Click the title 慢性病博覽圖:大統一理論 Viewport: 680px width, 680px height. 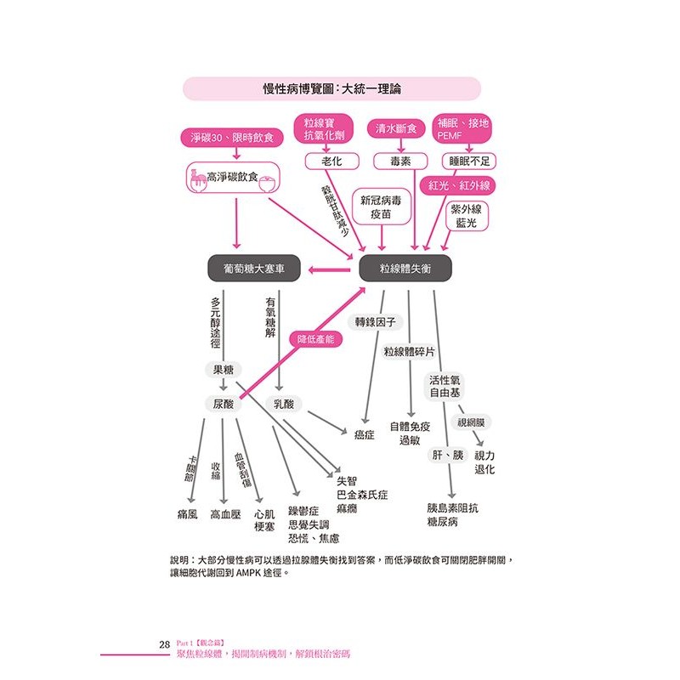(331, 88)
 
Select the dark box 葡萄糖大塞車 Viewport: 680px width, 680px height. (254, 269)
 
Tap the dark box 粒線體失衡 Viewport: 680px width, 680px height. (405, 269)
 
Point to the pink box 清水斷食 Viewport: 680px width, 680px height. (396, 129)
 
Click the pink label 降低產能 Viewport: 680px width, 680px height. (316, 338)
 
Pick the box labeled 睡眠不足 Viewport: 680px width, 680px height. (470, 161)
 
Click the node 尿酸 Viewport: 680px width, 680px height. (223, 404)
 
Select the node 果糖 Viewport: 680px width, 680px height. (223, 370)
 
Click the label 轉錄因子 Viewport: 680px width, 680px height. (376, 322)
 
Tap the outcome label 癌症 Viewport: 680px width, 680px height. (365, 434)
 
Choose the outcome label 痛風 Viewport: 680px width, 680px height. (187, 514)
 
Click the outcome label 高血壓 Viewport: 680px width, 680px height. (226, 514)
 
